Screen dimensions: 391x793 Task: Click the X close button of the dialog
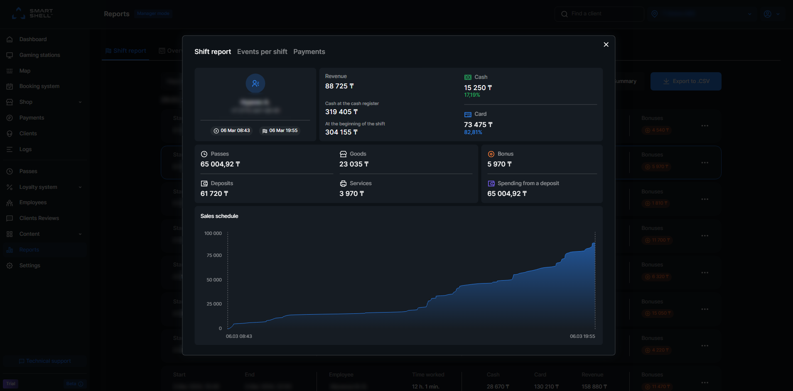pos(606,44)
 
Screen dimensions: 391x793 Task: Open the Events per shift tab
pos(262,52)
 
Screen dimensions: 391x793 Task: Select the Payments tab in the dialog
pos(309,52)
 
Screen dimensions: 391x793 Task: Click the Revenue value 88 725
pos(339,86)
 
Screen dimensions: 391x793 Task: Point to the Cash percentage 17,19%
pos(472,95)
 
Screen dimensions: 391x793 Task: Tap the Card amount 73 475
pos(478,125)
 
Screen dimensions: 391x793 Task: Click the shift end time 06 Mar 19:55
pos(280,131)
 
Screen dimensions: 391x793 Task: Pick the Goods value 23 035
pos(354,164)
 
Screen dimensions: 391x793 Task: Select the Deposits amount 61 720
pos(214,194)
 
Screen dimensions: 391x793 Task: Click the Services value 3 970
pos(351,194)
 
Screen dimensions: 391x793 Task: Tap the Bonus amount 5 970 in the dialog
pos(499,164)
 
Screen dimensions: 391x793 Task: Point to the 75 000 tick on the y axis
pos(214,256)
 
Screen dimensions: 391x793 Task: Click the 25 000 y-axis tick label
pos(214,304)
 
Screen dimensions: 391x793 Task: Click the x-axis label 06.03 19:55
pos(582,337)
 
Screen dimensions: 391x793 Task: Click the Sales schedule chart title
pos(219,216)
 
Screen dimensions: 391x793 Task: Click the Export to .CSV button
pos(685,81)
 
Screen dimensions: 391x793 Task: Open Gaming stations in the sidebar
pos(39,55)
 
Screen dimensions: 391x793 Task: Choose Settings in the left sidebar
pos(29,266)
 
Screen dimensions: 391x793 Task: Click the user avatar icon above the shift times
pos(255,83)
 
